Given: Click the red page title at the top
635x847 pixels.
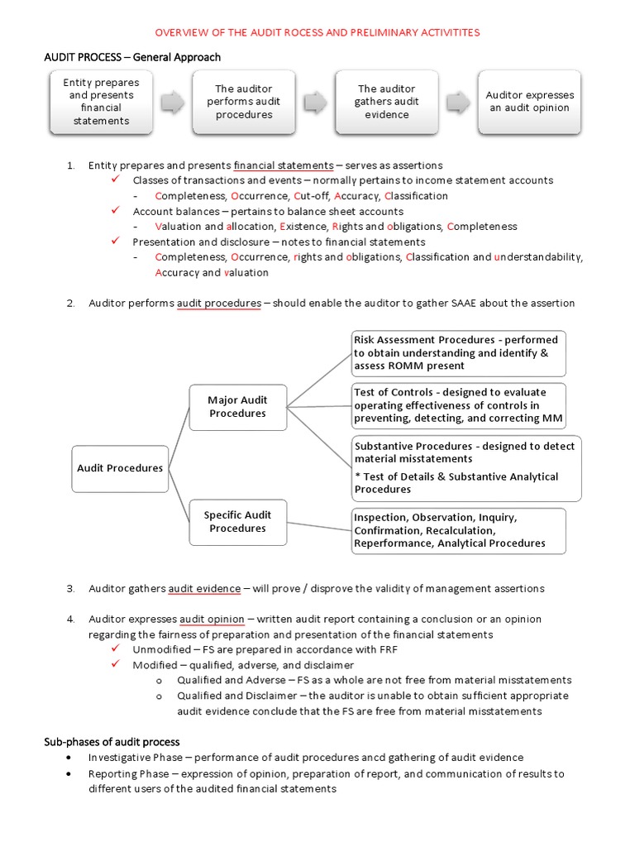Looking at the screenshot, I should click(x=317, y=32).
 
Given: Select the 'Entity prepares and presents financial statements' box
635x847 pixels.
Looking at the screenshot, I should click(x=101, y=102).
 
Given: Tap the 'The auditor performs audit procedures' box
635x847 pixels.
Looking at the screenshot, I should click(x=243, y=102).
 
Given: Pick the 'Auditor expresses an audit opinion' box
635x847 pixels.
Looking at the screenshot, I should click(x=528, y=102).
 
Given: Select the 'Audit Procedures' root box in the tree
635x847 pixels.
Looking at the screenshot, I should click(x=120, y=468).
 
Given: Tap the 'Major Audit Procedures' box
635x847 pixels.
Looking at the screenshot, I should click(x=237, y=407).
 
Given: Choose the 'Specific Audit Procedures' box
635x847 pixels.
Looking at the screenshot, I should click(x=237, y=522).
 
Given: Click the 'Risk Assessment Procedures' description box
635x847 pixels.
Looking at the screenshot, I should click(x=459, y=352).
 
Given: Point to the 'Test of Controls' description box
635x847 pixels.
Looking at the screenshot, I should click(x=459, y=405).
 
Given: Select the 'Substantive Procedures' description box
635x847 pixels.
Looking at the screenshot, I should click(x=466, y=468).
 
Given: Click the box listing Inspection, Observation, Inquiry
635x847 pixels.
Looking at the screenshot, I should click(x=459, y=530).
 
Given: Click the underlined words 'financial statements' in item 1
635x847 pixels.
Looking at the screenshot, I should click(x=284, y=165).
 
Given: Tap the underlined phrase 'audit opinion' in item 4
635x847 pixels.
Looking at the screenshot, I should click(x=212, y=619).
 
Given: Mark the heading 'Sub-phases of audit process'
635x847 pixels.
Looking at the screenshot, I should click(x=112, y=742).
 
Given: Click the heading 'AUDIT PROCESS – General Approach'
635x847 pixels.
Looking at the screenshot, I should click(x=132, y=57).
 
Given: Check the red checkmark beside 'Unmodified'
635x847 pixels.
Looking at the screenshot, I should click(x=117, y=649).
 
